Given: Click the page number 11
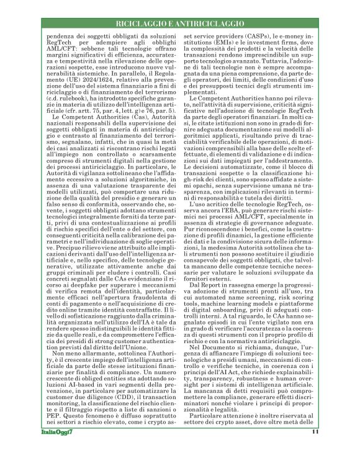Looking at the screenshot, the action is pos(315,449).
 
